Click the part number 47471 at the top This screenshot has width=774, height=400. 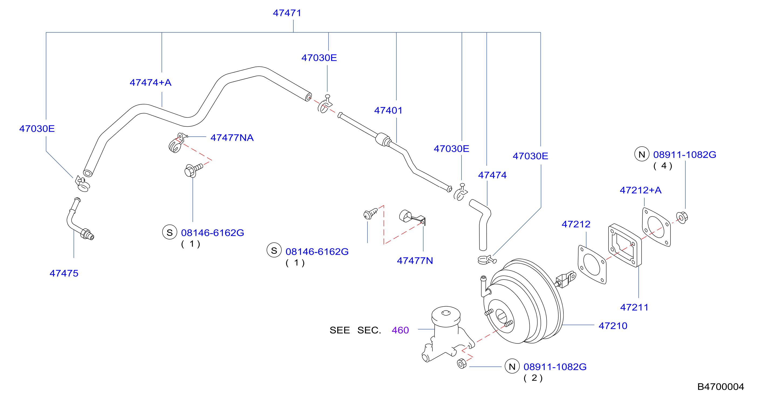[x=287, y=13]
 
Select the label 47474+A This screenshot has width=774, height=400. [x=150, y=82]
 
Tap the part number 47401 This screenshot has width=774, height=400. [x=388, y=110]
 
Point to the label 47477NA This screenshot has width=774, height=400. [x=232, y=137]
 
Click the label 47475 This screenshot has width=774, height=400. [x=64, y=273]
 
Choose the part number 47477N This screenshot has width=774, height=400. [x=415, y=261]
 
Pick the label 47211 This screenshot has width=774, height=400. [x=634, y=307]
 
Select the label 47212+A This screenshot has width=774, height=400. [x=641, y=190]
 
